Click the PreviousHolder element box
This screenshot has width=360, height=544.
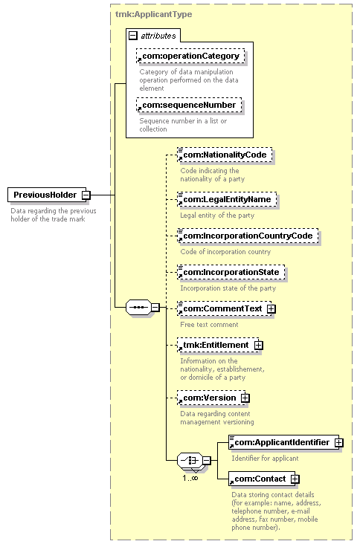pos(47,195)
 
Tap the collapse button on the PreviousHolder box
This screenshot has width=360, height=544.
pos(86,195)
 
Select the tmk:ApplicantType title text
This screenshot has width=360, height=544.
pos(153,14)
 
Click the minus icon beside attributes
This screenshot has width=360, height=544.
pos(133,36)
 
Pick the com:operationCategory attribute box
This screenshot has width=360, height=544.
pos(190,56)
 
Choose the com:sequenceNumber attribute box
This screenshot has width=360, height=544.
pos(189,105)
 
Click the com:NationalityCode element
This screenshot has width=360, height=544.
pos(225,155)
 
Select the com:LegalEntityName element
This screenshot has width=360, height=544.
pos(227,199)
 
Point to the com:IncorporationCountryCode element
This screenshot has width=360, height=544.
pos(248,236)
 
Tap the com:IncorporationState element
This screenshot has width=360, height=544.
pos(231,272)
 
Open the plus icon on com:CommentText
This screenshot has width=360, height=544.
pos(271,308)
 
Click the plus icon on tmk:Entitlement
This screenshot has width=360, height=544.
pos(259,346)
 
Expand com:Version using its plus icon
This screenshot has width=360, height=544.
pos(245,398)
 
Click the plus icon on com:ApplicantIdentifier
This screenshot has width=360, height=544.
pos(339,443)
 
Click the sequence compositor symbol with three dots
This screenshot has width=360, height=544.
pos(138,308)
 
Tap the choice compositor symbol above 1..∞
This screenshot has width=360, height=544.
pos(190,460)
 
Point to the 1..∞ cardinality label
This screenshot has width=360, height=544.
pos(190,478)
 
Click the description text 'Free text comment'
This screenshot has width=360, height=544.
pos(209,325)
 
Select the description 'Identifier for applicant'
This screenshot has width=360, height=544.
pos(266,459)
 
